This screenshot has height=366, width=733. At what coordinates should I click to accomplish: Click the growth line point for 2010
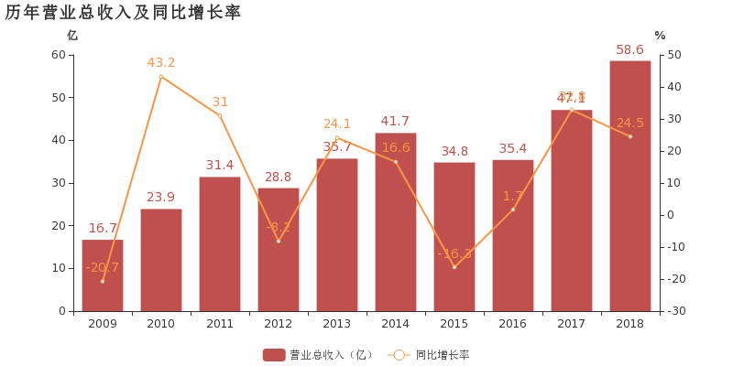click(161, 76)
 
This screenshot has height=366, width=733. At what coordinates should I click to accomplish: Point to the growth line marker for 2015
click(454, 267)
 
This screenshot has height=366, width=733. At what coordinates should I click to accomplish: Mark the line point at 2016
click(513, 210)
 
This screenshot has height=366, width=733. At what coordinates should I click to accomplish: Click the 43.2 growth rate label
click(161, 62)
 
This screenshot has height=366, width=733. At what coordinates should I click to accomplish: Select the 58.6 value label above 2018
click(630, 50)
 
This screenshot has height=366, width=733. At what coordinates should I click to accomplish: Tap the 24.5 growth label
click(630, 123)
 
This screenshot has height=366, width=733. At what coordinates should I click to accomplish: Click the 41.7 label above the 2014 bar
click(395, 122)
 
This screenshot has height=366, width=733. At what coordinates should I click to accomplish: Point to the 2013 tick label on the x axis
click(337, 324)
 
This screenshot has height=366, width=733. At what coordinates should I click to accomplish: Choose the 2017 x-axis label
click(572, 324)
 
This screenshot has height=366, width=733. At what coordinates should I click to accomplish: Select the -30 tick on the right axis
click(676, 311)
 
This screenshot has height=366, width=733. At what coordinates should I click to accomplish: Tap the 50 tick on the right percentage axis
click(674, 55)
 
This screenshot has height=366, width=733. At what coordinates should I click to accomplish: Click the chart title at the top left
click(123, 12)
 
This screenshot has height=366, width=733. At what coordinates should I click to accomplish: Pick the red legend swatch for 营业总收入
click(274, 355)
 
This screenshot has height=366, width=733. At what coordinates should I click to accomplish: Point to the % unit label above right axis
click(660, 36)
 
